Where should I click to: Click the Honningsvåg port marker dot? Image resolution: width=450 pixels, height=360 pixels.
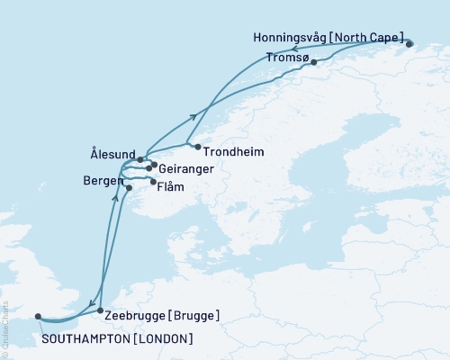pyautogui.click(x=409, y=43)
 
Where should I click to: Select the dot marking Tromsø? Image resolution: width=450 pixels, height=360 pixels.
pyautogui.click(x=313, y=62)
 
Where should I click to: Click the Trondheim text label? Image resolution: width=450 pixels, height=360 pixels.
pyautogui.click(x=234, y=152)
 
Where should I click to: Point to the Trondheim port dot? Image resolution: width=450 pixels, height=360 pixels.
pyautogui.click(x=190, y=143)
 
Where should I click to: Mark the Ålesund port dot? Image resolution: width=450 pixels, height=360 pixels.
pyautogui.click(x=140, y=159)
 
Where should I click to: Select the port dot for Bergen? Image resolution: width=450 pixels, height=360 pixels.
pyautogui.click(x=129, y=187)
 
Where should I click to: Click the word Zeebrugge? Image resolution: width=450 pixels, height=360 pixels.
pyautogui.click(x=135, y=316)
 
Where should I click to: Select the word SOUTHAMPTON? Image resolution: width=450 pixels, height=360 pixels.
pyautogui.click(x=84, y=338)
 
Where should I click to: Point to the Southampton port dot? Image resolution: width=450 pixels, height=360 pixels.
pyautogui.click(x=37, y=316)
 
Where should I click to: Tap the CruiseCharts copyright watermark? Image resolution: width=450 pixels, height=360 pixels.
pyautogui.click(x=5, y=328)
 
